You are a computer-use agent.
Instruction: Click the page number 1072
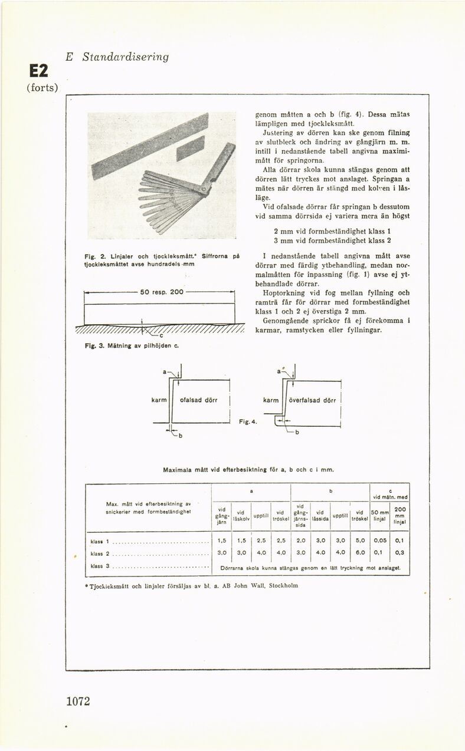pos(78,701)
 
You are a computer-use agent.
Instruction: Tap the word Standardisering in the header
pos(125,57)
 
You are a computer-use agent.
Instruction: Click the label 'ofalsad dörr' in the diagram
pos(198,400)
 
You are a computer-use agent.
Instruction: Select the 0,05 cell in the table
pos(380,540)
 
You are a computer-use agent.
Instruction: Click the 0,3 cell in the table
pos(399,553)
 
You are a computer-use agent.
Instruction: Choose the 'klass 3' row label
pos(100,566)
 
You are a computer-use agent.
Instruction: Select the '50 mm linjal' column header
pos(380,515)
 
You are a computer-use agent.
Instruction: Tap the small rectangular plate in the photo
pos(190,148)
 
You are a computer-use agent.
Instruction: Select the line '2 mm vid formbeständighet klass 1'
pos(332,231)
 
